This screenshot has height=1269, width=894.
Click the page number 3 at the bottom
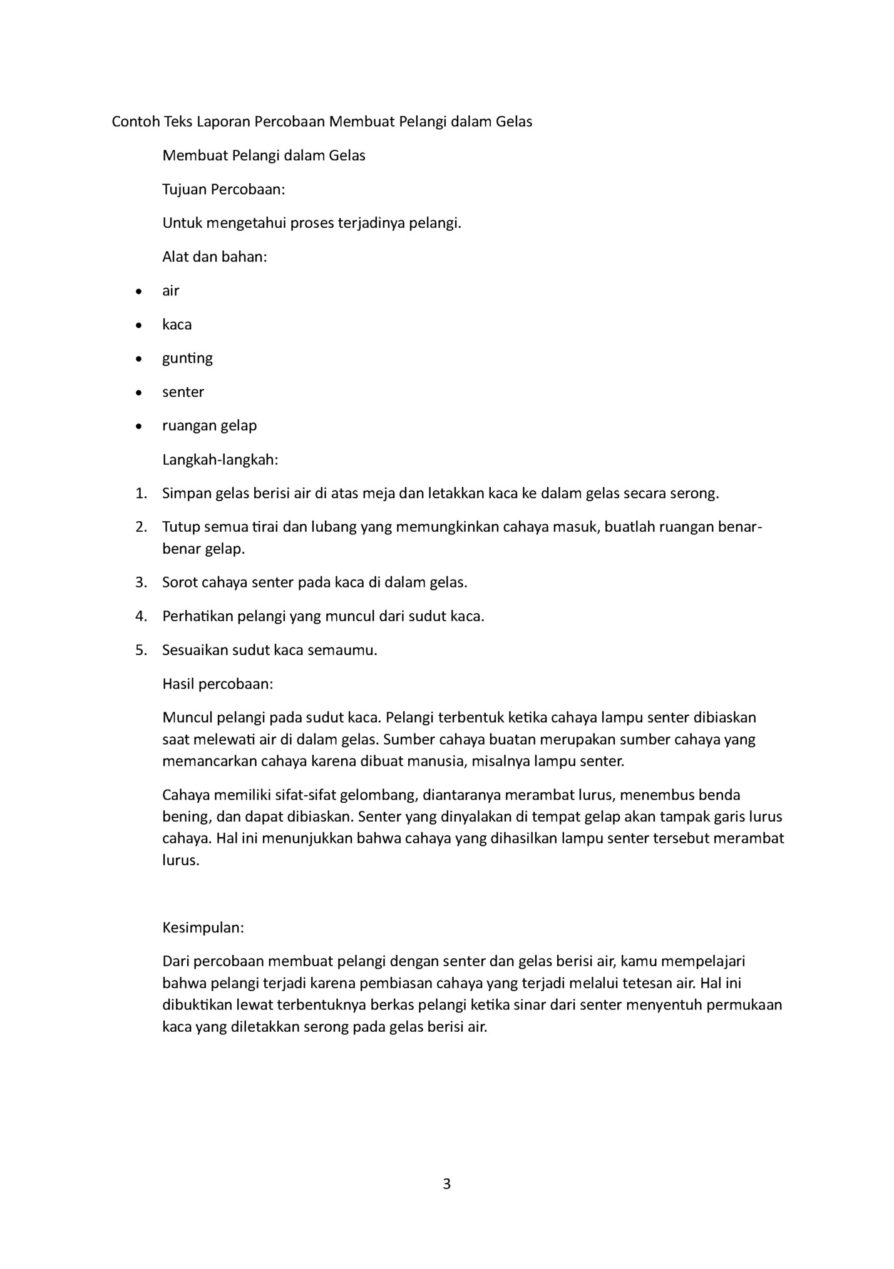[446, 1184]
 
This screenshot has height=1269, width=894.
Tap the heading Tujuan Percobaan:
[223, 189]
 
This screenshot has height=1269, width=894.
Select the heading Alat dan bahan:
[215, 257]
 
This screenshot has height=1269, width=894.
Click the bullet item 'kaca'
[177, 324]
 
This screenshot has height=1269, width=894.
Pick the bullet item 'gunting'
[187, 358]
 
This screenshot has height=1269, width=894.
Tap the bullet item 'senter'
[183, 392]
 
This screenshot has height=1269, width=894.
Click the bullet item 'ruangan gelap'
[210, 426]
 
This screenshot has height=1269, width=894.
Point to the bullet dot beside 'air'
[139, 291]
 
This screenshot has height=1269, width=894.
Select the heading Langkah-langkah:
[220, 460]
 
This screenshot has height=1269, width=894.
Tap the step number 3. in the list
[141, 583]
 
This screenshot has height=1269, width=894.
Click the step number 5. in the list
[141, 650]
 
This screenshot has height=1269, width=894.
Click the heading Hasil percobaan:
[218, 683]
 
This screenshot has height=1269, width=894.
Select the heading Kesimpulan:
[203, 927]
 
